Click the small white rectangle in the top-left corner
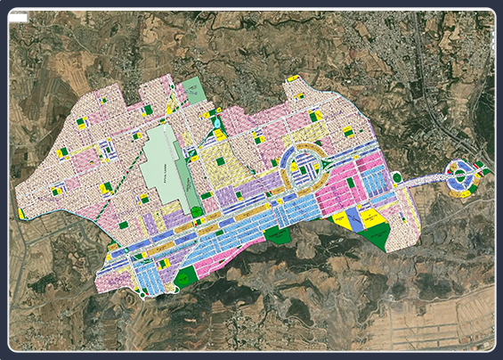point(17,16)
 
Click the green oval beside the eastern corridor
point(397,176)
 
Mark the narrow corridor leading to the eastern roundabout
point(423,179)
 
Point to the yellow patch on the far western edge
point(21,214)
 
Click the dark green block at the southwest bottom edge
point(186,277)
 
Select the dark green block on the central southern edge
point(278,235)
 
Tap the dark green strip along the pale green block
point(193,174)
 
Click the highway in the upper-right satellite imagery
point(428,89)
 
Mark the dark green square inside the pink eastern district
point(350,183)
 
